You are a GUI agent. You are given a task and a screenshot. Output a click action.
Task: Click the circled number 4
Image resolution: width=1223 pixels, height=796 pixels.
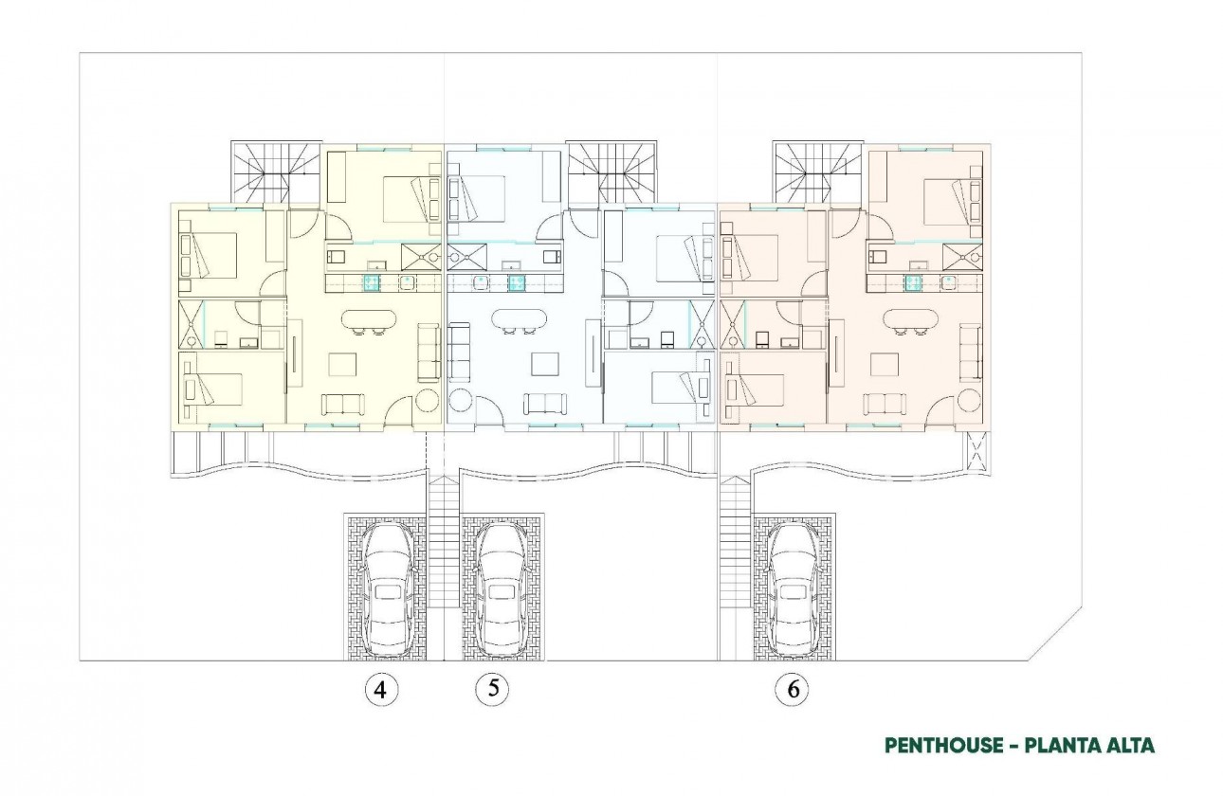click(x=380, y=690)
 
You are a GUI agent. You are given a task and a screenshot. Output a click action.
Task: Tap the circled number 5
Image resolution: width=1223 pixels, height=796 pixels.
click(x=492, y=689)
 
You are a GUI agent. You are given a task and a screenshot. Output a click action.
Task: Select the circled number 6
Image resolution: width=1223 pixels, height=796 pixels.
click(x=793, y=690)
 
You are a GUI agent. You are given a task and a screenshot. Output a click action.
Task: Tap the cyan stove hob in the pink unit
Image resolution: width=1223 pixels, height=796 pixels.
click(x=914, y=282)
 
